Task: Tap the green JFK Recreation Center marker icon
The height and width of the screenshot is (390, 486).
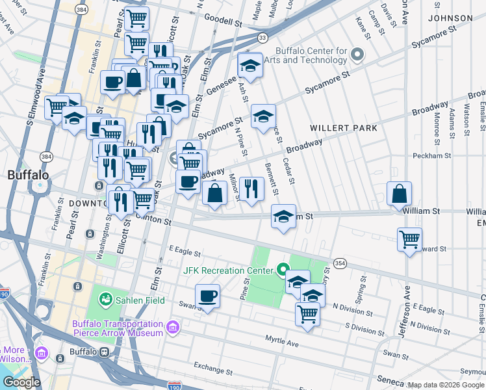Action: (x=283, y=268)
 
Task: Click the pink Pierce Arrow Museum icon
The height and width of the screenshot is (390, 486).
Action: (x=173, y=327)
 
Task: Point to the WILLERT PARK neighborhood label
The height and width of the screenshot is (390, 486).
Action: (x=343, y=128)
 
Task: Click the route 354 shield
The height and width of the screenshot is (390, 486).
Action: (x=340, y=262)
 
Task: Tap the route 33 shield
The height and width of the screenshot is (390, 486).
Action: (x=262, y=38)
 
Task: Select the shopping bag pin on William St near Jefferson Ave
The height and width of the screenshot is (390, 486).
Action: (x=399, y=194)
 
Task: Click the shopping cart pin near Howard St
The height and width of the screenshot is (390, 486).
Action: (x=409, y=239)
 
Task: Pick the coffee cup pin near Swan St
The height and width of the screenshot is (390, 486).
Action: (x=207, y=296)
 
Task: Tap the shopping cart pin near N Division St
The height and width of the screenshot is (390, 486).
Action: (x=307, y=314)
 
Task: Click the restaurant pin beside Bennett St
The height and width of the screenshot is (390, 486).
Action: (x=251, y=188)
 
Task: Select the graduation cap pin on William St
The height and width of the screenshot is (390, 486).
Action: (x=283, y=216)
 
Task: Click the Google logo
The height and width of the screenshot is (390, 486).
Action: (x=21, y=382)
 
